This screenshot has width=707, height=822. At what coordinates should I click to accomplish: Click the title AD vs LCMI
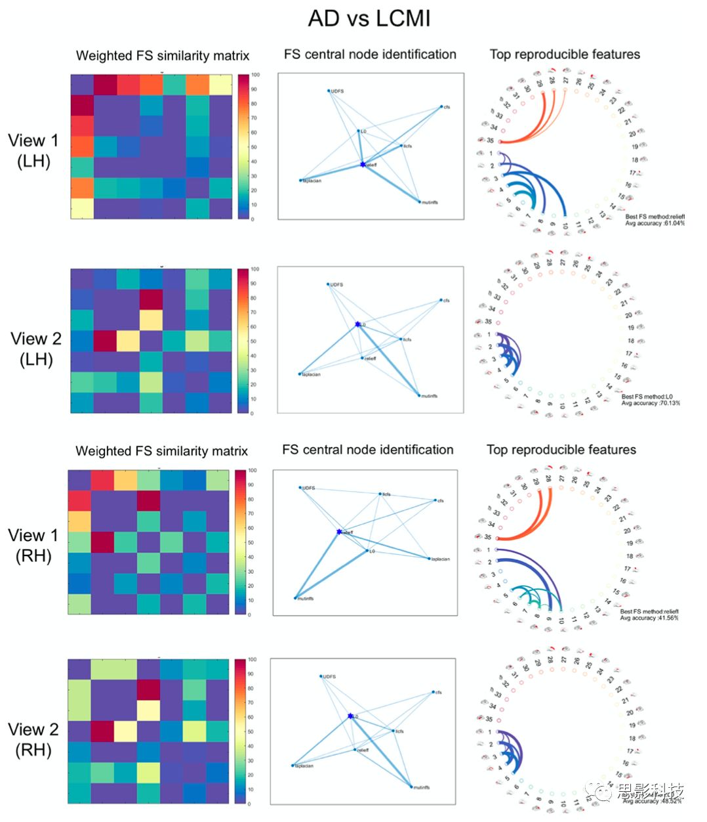[x=369, y=18]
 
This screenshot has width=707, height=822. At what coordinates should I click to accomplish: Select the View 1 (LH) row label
[x=33, y=150]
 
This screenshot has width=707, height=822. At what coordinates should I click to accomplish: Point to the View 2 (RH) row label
[x=33, y=739]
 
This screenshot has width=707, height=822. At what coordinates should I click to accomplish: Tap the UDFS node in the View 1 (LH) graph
[x=329, y=91]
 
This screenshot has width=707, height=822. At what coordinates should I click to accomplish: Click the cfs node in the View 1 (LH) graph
[x=441, y=107]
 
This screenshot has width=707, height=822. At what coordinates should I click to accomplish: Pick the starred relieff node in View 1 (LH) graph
[x=363, y=164]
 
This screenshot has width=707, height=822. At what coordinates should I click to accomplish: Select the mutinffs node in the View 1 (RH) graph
[x=295, y=598]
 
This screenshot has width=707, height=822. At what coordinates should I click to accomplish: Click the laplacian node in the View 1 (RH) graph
[x=430, y=559]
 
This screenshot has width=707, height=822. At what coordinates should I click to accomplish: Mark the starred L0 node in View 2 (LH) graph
[x=357, y=324]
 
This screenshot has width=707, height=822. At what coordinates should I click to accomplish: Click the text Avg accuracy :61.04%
[x=655, y=223]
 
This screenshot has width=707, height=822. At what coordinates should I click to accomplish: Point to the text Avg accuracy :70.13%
[x=651, y=402]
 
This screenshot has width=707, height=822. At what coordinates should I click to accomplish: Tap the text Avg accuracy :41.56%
[x=649, y=618]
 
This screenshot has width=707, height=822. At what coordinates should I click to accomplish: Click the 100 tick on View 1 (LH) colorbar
[x=255, y=75]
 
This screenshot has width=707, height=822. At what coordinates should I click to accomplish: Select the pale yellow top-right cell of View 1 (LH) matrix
[x=220, y=85]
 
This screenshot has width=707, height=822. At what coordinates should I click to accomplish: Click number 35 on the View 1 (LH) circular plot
[x=490, y=141]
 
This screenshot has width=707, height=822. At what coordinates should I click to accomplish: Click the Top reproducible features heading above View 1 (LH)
[x=565, y=54]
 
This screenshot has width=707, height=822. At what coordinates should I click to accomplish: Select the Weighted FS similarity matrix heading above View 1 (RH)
[x=162, y=451]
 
